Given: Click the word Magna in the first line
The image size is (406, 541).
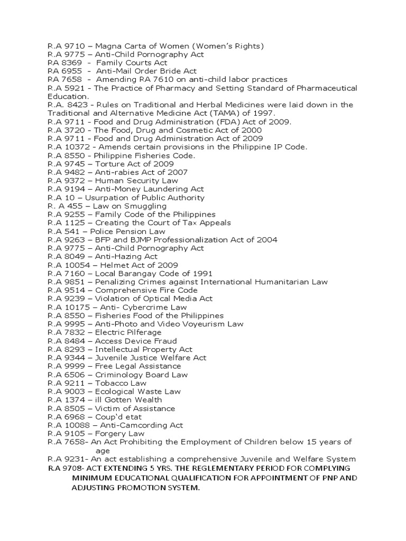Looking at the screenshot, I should [x=108, y=46].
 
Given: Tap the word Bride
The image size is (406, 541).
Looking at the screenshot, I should [x=172, y=71].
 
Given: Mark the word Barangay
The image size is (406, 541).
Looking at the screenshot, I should [x=141, y=274].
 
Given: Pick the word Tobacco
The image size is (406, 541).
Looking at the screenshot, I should [x=112, y=384].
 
